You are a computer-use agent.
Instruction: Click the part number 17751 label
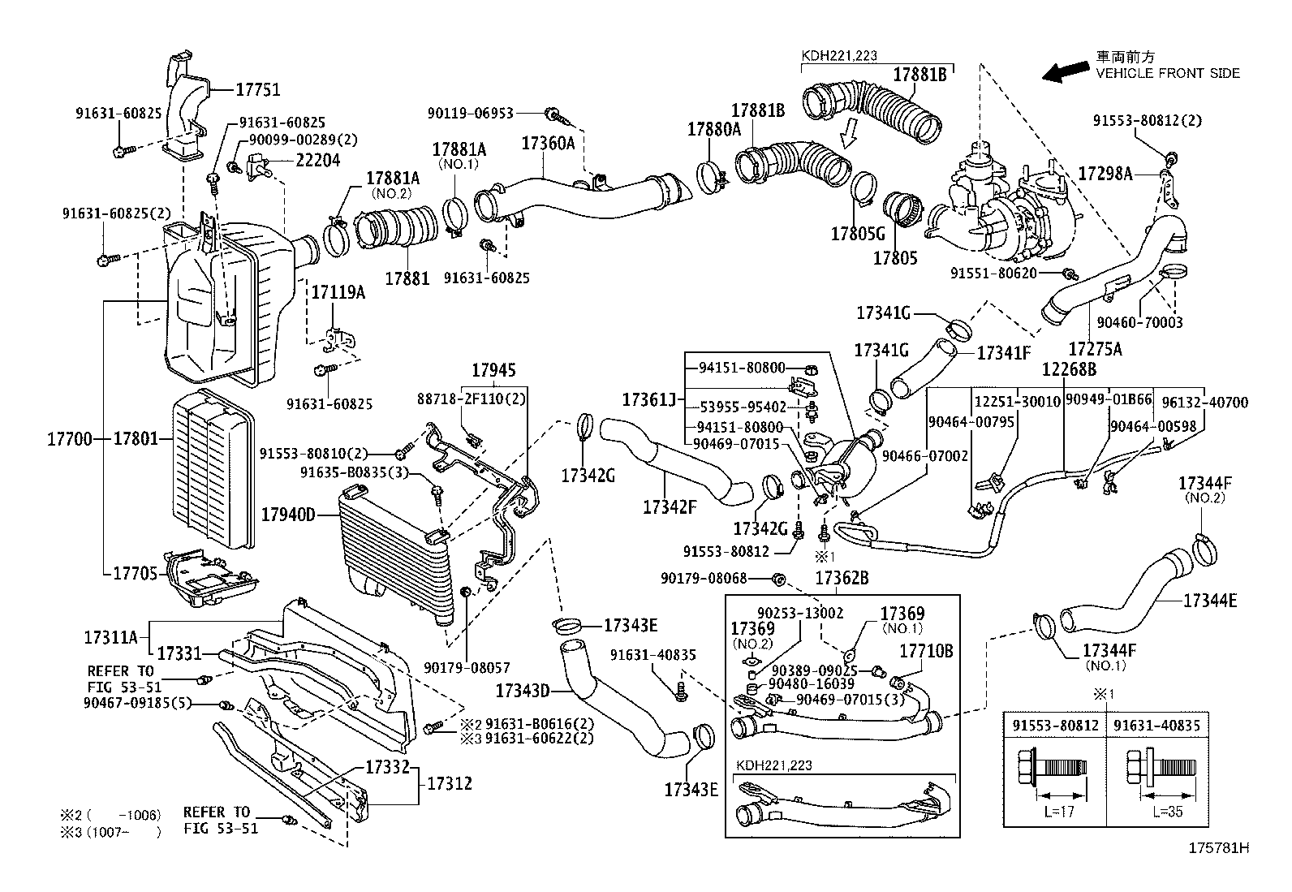pyautogui.click(x=258, y=90)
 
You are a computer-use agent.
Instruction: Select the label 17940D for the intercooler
pyautogui.click(x=288, y=514)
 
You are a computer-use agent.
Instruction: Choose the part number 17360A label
pyautogui.click(x=547, y=144)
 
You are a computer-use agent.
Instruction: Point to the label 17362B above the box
pyautogui.click(x=842, y=578)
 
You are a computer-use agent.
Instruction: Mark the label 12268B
pyautogui.click(x=1070, y=369)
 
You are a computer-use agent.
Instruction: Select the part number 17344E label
pyautogui.click(x=1210, y=601)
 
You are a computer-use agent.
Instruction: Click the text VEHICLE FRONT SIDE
pyautogui.click(x=1168, y=73)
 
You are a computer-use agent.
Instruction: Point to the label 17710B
pyautogui.click(x=925, y=651)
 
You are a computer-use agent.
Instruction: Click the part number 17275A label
pyautogui.click(x=1095, y=348)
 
